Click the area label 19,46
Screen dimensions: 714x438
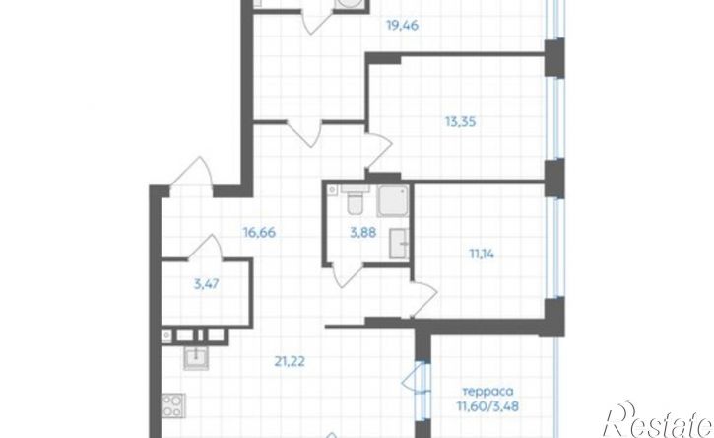pyautogui.click(x=402, y=26)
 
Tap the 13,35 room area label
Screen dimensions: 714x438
pyautogui.click(x=461, y=121)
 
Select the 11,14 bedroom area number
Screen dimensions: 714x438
pyautogui.click(x=482, y=254)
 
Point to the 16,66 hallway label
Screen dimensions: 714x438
pyautogui.click(x=260, y=232)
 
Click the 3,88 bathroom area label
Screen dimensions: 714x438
pyautogui.click(x=363, y=232)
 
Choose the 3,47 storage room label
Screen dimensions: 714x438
pyautogui.click(x=206, y=284)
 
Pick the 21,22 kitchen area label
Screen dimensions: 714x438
pyautogui.click(x=290, y=361)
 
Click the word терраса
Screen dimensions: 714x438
pyautogui.click(x=488, y=392)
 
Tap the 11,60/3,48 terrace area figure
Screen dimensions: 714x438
pyautogui.click(x=488, y=405)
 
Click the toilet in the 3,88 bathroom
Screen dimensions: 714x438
pyautogui.click(x=354, y=201)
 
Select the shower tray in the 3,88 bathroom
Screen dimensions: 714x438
pyautogui.click(x=393, y=201)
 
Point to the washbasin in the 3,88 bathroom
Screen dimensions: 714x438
pyautogui.click(x=399, y=244)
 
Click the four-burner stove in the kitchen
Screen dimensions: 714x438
pyautogui.click(x=172, y=405)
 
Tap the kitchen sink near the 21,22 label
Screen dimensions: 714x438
pyautogui.click(x=196, y=357)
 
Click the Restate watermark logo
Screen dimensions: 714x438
pyautogui.click(x=657, y=420)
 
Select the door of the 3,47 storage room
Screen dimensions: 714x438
pyautogui.click(x=205, y=247)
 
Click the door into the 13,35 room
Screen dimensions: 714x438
pyautogui.click(x=379, y=151)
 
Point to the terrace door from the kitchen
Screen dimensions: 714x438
pyautogui.click(x=414, y=378)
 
